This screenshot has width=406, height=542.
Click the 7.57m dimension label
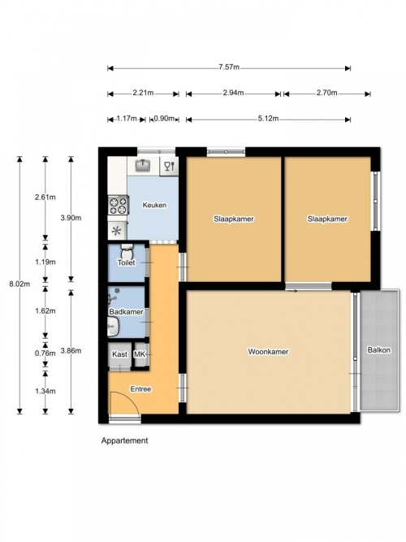point(229,67)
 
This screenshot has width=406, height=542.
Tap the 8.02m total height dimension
point(19,284)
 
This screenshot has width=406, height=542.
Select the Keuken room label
point(154,205)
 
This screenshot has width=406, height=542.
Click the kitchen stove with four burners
point(119,206)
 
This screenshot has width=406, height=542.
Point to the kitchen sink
point(142,165)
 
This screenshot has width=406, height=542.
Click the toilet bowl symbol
point(127,251)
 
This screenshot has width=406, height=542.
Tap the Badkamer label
point(126,312)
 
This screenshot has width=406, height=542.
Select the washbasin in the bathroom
point(114,327)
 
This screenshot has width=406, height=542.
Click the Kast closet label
point(119,354)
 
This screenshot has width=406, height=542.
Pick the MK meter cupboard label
point(139,354)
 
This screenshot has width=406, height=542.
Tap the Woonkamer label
point(268,352)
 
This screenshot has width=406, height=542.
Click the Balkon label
point(379,349)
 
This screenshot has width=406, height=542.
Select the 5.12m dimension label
point(268,119)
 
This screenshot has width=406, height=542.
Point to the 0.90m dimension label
point(164,119)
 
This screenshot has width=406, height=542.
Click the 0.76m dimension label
point(45,353)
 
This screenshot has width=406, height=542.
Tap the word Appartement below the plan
point(124,440)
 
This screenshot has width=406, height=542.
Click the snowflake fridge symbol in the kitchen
point(117,231)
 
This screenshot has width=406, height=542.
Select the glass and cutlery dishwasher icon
point(170,166)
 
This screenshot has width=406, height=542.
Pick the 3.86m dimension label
point(71,351)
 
